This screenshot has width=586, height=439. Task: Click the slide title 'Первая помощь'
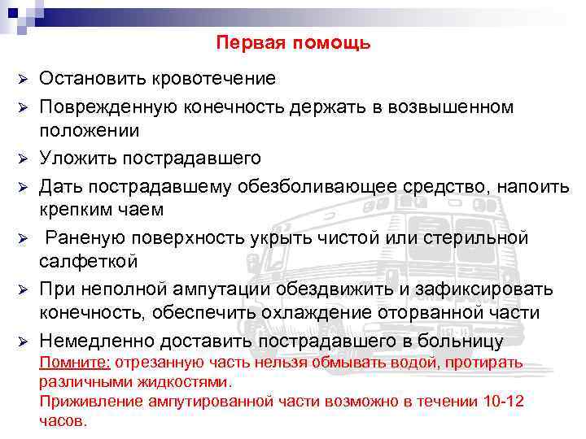[293, 42]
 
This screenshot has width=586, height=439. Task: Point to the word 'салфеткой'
[89, 261]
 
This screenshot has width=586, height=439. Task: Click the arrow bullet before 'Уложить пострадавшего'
[24, 158]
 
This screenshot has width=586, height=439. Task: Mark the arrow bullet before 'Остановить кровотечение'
[24, 80]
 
